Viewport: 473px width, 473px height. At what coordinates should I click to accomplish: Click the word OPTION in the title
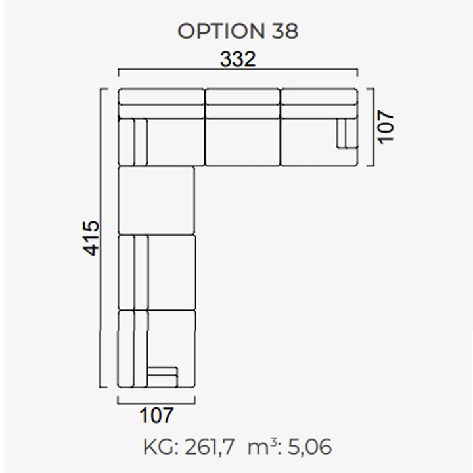tap(221, 31)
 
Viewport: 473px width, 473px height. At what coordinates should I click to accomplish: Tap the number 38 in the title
tap(285, 31)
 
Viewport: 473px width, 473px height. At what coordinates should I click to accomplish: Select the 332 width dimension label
tap(238, 59)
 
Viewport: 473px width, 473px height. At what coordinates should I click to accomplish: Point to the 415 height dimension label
tap(91, 238)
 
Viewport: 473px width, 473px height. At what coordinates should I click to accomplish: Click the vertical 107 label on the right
tap(386, 127)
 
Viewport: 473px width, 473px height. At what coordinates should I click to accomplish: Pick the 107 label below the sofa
tap(156, 415)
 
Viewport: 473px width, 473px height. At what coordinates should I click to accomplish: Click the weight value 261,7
tap(210, 447)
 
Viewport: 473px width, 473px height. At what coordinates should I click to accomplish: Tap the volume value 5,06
tap(309, 447)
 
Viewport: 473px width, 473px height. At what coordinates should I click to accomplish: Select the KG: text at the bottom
tap(160, 447)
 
